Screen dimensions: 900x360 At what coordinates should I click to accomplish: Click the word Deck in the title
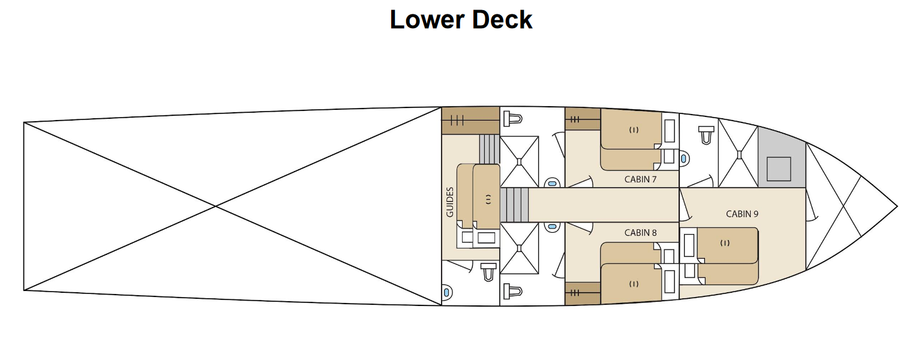click(x=502, y=19)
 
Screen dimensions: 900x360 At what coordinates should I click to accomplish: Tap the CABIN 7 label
click(x=640, y=179)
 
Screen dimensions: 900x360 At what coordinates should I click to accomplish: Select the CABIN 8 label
click(x=640, y=233)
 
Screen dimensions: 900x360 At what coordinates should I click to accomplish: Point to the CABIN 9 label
click(x=742, y=214)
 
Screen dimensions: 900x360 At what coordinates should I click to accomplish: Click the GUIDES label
click(x=450, y=202)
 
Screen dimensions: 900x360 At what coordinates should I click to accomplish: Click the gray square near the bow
click(x=779, y=169)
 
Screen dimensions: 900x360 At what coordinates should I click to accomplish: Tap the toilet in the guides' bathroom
click(x=488, y=272)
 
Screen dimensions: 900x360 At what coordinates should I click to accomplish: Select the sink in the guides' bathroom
click(x=447, y=292)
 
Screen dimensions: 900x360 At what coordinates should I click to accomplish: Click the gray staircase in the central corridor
click(x=514, y=205)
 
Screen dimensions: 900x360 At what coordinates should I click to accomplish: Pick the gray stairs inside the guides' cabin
click(x=490, y=149)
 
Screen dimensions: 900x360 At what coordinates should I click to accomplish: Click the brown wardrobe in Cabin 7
click(x=583, y=119)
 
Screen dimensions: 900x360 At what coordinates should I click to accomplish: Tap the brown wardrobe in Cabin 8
click(x=583, y=293)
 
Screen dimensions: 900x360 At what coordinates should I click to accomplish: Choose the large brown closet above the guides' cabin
click(x=470, y=121)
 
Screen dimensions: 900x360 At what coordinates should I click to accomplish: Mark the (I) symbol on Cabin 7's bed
click(x=634, y=130)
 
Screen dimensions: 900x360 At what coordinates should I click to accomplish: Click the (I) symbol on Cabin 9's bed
click(x=725, y=242)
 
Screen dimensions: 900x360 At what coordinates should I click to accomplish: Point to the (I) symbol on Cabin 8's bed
click(x=634, y=284)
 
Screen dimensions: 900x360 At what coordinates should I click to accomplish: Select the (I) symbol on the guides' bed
click(x=488, y=199)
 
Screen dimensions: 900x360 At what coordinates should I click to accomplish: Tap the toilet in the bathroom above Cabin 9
click(x=706, y=134)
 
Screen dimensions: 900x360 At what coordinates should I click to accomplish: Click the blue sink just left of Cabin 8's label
click(x=552, y=227)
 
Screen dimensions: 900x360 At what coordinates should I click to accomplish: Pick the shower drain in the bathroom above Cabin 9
click(x=739, y=153)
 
